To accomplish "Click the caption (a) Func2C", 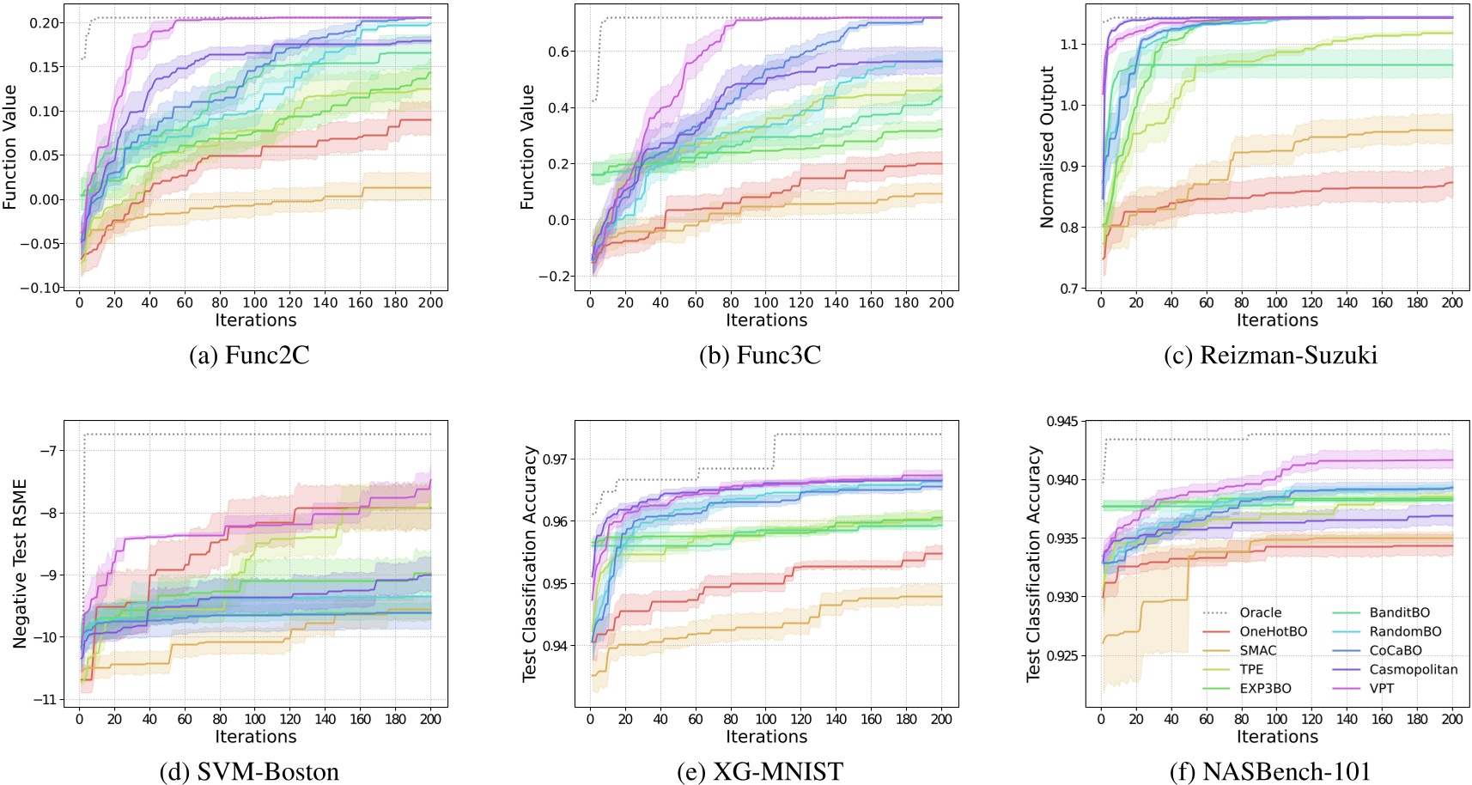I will tap(249, 355).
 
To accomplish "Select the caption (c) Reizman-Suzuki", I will tap(1270, 355).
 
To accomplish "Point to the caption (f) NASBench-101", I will tap(1270, 771).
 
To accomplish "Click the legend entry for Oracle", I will tap(1260, 612).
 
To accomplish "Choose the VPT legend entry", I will tap(1381, 688).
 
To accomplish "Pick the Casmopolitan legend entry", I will tap(1413, 669).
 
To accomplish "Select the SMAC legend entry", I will tap(1257, 650).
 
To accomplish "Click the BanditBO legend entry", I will tap(1399, 612).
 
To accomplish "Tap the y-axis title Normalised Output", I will tap(1047, 147).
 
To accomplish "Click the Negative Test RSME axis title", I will tap(20, 563).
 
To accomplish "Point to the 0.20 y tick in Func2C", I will tap(45, 23).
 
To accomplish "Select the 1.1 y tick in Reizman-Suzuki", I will tap(1070, 44).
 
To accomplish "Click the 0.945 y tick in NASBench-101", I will tap(1062, 421).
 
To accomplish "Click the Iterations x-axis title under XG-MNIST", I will tap(766, 737).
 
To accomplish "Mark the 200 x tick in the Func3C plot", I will tap(941, 302).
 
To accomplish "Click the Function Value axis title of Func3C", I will tap(527, 147).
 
